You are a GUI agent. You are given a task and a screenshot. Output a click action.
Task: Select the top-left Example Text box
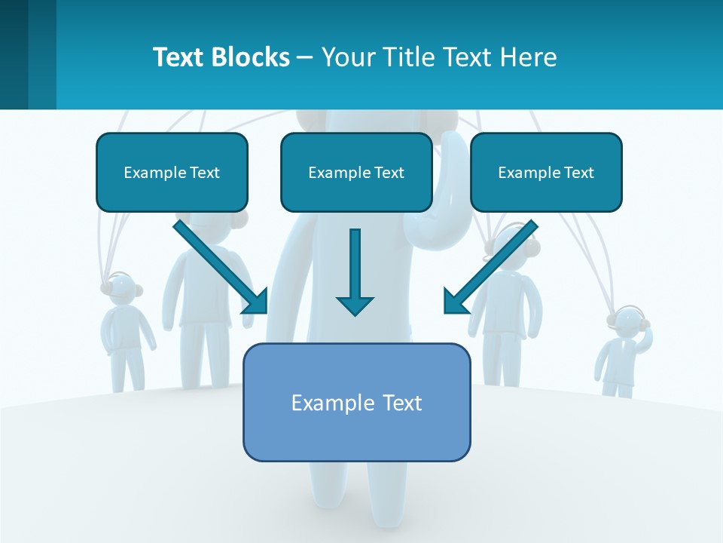click(172, 172)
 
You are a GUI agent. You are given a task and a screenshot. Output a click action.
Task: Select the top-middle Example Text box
click(356, 172)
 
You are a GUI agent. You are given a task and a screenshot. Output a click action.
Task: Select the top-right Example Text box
click(546, 172)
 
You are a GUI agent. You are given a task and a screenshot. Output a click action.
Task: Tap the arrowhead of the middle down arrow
click(355, 305)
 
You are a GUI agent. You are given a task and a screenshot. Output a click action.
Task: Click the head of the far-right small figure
click(629, 322)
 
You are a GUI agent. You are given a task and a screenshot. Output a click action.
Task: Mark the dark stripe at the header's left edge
click(14, 54)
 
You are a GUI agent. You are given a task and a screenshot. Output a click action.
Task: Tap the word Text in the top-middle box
click(389, 173)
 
